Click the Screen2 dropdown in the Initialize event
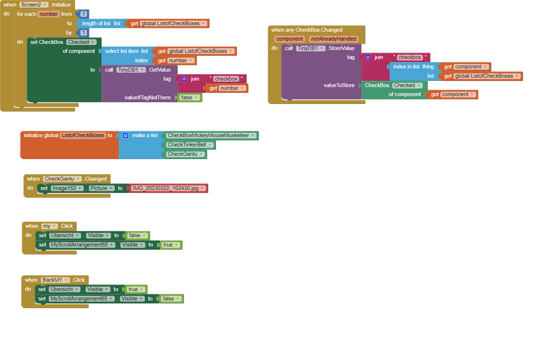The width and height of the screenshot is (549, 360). tap(34, 4)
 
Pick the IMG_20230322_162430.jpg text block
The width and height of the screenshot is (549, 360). tap(168, 188)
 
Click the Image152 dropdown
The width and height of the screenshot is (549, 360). tap(66, 188)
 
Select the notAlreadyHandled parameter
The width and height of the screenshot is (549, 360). tap(333, 39)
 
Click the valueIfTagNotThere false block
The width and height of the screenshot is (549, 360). tap(189, 97)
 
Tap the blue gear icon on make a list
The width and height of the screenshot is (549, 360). tap(125, 136)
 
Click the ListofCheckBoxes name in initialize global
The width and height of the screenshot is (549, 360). tap(83, 136)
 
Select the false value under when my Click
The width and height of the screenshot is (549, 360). tap(137, 235)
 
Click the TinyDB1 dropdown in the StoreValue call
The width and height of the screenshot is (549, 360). tap(311, 48)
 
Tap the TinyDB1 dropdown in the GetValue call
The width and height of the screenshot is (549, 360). tap(131, 70)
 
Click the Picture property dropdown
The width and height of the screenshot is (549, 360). tap(101, 188)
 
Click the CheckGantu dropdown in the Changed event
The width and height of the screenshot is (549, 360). tap(62, 178)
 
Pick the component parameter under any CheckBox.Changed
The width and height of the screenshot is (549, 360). tap(290, 39)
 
